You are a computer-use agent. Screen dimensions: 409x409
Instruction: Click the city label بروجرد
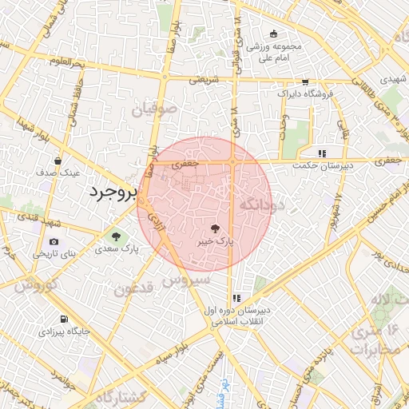point(112,193)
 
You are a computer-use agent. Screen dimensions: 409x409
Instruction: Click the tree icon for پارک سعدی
point(117,237)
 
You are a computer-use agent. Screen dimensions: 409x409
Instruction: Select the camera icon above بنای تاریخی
point(54,242)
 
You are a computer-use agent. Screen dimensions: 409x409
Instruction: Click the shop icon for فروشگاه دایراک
point(305,82)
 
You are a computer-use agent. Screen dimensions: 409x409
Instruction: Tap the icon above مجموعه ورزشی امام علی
point(274,34)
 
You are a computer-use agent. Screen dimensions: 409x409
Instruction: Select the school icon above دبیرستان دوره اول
point(236,297)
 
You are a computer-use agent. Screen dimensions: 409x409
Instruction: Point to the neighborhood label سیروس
point(187,280)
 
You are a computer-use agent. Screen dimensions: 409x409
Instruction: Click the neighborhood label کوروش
point(34,284)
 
